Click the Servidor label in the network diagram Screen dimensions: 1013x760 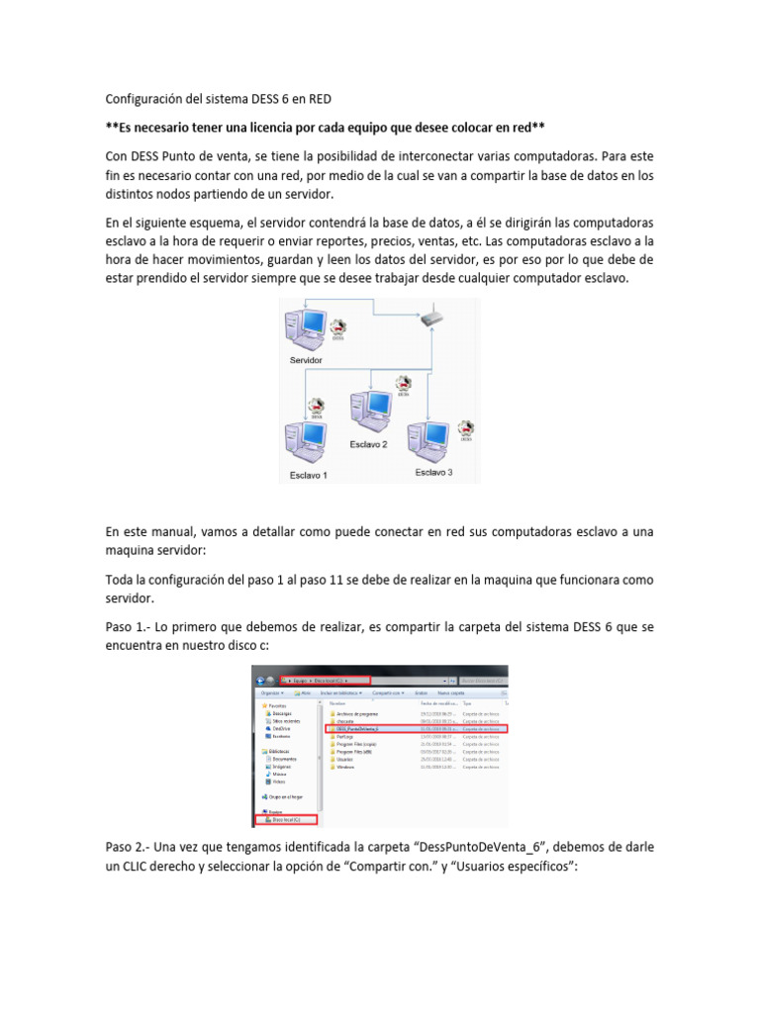(306, 361)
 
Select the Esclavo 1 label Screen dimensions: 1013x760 (308, 475)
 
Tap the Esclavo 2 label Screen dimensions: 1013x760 (368, 445)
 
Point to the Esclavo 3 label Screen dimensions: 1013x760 (433, 473)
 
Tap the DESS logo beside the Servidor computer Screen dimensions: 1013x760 (338, 328)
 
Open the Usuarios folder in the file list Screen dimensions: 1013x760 (345, 759)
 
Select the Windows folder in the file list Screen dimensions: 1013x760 (345, 767)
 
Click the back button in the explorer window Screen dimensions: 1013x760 (260, 681)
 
